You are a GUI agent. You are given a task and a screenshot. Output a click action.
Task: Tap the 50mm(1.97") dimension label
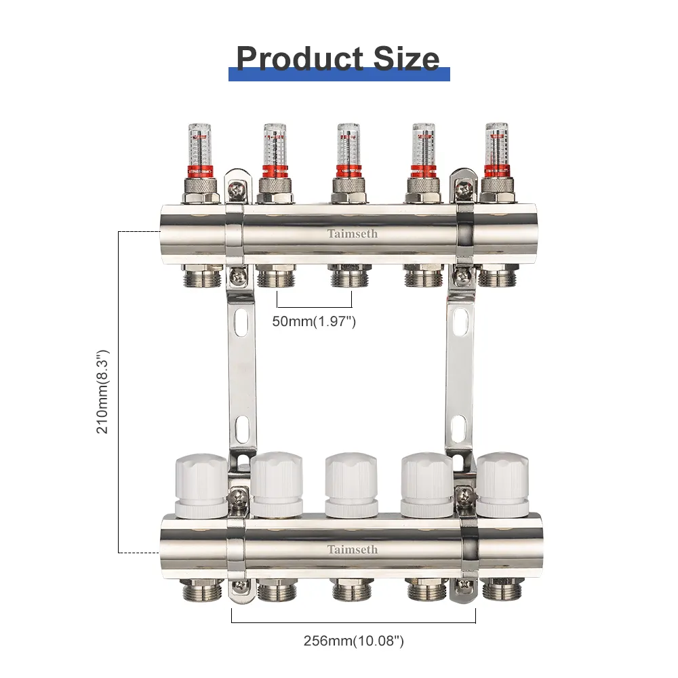[x=314, y=321]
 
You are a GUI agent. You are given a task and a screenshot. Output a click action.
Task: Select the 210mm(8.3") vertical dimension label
[x=103, y=392]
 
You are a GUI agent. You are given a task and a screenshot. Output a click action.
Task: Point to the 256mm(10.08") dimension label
[x=354, y=641]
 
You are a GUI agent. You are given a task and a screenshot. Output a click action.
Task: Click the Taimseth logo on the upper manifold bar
[x=352, y=234]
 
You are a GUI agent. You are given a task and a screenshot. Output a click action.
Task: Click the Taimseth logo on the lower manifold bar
[x=352, y=550]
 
